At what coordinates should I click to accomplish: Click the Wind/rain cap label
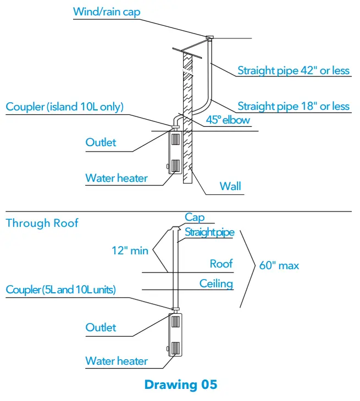(107, 12)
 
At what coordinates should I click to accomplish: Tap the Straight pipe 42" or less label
(293, 71)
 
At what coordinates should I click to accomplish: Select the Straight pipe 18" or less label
(293, 106)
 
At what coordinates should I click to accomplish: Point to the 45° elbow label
(228, 120)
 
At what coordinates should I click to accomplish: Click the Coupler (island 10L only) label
(65, 107)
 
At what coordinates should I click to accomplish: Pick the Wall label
(230, 186)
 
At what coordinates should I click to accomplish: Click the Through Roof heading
(42, 223)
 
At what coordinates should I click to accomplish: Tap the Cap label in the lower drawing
(195, 218)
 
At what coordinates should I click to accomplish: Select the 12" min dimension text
(130, 250)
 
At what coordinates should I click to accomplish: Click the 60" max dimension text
(279, 266)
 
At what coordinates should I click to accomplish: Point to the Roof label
(221, 264)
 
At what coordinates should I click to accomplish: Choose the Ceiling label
(216, 284)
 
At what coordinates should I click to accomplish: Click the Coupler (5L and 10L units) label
(61, 289)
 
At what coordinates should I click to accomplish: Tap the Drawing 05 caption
(180, 385)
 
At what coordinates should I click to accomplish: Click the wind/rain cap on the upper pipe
(209, 38)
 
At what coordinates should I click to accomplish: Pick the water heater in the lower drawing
(176, 335)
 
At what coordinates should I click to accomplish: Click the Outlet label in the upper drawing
(101, 142)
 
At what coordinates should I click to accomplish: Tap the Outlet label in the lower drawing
(101, 327)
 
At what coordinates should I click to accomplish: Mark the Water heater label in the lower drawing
(117, 361)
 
